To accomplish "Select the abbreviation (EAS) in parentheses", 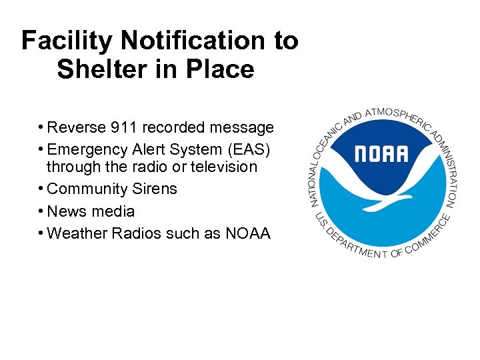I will tap(250, 147).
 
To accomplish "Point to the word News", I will tap(65, 212).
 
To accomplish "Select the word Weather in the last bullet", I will tap(75, 234).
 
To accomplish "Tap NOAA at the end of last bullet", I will tap(247, 234).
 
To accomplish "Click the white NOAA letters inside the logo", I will tap(381, 154).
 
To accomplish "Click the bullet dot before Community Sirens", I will tap(41, 189).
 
